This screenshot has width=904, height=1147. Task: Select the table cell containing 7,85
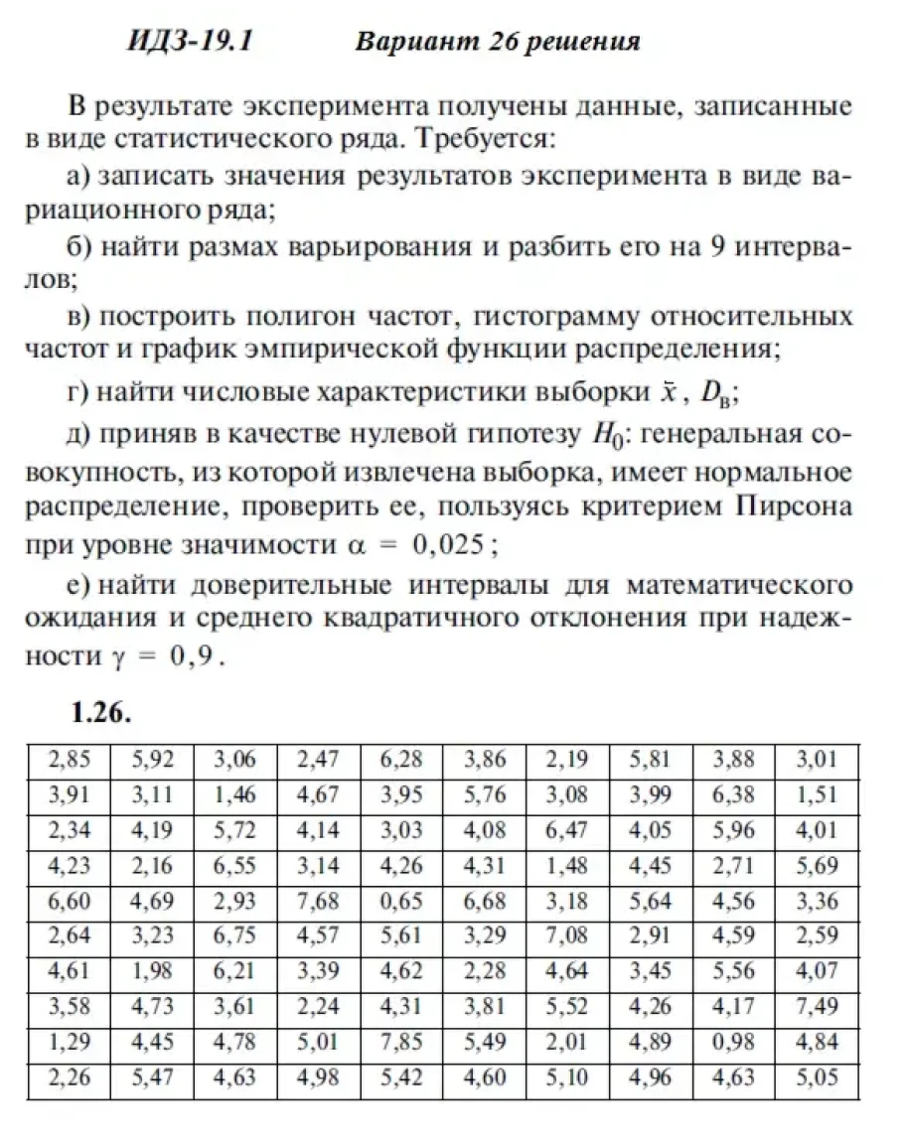point(401,1043)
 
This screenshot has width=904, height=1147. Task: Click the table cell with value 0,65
point(401,901)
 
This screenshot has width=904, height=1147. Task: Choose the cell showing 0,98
point(734,1043)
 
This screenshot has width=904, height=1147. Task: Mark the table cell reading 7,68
point(318,901)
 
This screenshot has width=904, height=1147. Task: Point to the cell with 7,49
point(817,1007)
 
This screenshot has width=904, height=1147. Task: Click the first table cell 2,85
point(69,761)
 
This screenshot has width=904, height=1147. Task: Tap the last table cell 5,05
point(817,1077)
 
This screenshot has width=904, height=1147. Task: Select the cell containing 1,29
point(69,1043)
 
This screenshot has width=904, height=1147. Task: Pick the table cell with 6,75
point(234,936)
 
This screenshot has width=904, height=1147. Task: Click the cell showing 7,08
point(567,936)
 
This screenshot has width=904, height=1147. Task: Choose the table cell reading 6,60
point(69,901)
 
